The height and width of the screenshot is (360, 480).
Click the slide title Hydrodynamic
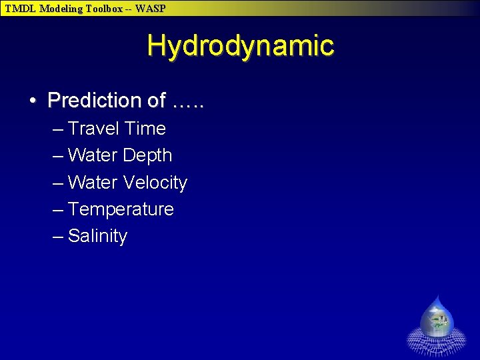pos(240,46)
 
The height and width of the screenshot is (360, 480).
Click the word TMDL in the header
pos(21,9)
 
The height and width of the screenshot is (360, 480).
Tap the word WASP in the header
pos(150,9)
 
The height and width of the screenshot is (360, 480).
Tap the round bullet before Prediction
pos(33,101)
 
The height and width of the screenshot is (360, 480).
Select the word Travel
pos(91,129)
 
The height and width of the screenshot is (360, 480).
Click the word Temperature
pos(121,209)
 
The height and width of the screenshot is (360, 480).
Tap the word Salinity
pos(97,237)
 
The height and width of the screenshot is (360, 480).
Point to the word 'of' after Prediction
pos(157,101)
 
